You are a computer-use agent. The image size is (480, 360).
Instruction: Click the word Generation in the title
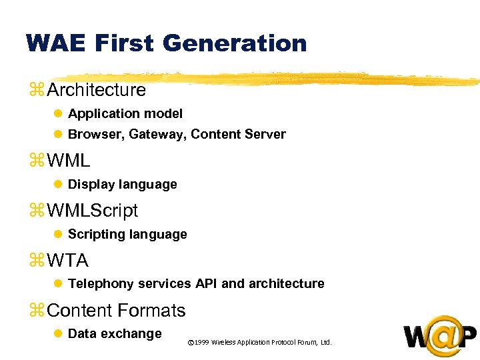point(234,43)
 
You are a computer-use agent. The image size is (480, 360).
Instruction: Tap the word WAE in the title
point(57,43)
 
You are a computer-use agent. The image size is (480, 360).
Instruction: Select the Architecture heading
point(97,89)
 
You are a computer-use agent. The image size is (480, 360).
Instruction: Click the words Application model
point(125,114)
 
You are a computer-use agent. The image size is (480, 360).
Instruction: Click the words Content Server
point(238,135)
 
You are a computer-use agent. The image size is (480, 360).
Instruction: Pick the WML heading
point(69,161)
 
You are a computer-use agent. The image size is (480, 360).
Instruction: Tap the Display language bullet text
point(123,185)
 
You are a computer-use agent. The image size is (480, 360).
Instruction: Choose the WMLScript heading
point(93,211)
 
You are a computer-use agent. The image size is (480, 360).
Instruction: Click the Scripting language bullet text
point(127,235)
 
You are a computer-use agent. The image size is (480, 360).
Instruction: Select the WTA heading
point(68,261)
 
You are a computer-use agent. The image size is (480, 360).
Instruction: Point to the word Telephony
point(101,284)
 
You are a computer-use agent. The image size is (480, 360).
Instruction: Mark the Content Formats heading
point(117,311)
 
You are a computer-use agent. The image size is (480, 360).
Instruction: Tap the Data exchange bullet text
point(115,334)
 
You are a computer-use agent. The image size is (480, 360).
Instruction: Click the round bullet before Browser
point(57,135)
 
